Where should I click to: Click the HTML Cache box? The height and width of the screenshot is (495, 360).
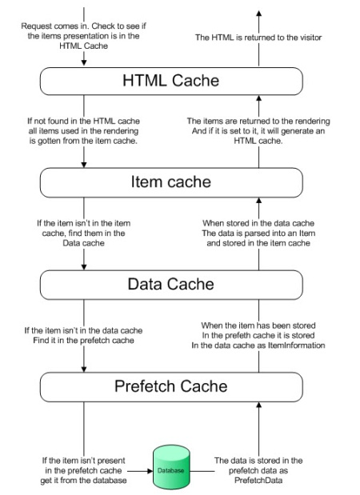pyautogui.click(x=171, y=81)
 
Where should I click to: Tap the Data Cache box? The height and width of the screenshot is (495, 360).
pyautogui.click(x=171, y=284)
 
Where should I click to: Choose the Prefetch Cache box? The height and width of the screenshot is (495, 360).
pyautogui.click(x=171, y=387)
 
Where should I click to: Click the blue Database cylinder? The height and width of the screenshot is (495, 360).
pyautogui.click(x=170, y=470)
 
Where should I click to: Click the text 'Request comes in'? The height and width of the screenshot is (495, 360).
pyautogui.click(x=56, y=26)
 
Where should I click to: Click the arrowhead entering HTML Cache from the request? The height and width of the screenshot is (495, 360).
pyautogui.click(x=83, y=63)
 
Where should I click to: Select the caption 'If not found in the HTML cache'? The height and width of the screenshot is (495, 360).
pyautogui.click(x=83, y=122)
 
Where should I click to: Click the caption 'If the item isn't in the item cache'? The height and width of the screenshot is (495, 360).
pyautogui.click(x=83, y=222)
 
